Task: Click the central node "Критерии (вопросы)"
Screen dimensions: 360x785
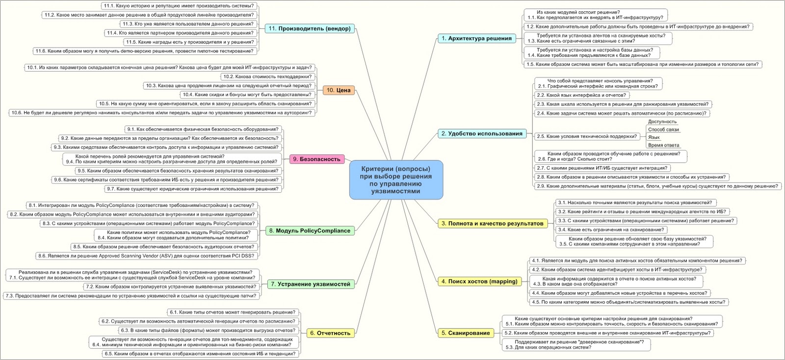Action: pyautogui.click(x=396, y=180)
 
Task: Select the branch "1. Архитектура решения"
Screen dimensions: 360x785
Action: pyautogui.click(x=476, y=38)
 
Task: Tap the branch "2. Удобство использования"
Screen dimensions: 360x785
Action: pyautogui.click(x=482, y=133)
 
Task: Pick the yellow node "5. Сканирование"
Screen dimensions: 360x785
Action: pyautogui.click(x=466, y=333)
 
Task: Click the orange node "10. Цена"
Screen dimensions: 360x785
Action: pyautogui.click(x=339, y=90)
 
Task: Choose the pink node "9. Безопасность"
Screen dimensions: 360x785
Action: pyautogui.click(x=316, y=159)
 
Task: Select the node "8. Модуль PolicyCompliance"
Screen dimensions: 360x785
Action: pyautogui.click(x=310, y=231)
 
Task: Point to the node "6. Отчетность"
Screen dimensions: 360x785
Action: pyautogui.click(x=330, y=333)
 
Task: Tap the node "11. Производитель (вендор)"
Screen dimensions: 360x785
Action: pyautogui.click(x=310, y=28)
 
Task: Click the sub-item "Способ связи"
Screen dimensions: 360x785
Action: pyautogui.click(x=663, y=129)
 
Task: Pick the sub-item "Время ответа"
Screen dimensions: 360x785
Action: pyautogui.click(x=663, y=145)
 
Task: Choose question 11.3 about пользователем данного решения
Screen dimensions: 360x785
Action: pyautogui.click(x=188, y=24)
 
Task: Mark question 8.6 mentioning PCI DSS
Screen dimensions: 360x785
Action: pyautogui.click(x=147, y=256)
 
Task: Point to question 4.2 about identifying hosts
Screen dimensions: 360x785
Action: pyautogui.click(x=617, y=269)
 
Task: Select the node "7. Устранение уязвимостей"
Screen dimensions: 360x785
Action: pyautogui.click(x=311, y=284)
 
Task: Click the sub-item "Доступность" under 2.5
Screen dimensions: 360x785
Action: pyautogui.click(x=662, y=122)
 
